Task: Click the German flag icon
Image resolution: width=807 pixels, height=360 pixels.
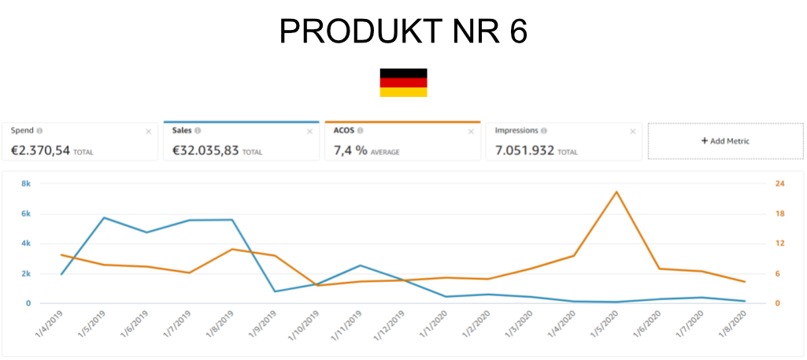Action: pyautogui.click(x=403, y=87)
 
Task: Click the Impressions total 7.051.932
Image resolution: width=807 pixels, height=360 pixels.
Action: pyautogui.click(x=525, y=150)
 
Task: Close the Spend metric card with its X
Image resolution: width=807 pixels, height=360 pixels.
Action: pyautogui.click(x=148, y=132)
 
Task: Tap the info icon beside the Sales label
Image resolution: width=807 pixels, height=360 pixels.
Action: pyautogui.click(x=198, y=131)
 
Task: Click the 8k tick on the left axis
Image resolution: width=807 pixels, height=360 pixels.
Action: pyautogui.click(x=26, y=184)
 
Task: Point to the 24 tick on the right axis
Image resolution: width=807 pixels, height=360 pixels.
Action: pyautogui.click(x=780, y=184)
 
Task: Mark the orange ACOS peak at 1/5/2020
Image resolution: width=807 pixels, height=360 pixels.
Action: pyautogui.click(x=616, y=191)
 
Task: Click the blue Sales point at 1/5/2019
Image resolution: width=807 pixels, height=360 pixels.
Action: pyautogui.click(x=104, y=217)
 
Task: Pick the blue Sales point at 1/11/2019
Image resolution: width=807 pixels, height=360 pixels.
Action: pyautogui.click(x=360, y=265)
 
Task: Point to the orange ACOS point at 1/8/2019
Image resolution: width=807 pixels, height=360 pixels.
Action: pyautogui.click(x=232, y=249)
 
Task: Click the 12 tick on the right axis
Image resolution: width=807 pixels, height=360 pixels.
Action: pyautogui.click(x=780, y=243)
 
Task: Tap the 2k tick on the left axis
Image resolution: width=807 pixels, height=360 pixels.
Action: pyautogui.click(x=26, y=273)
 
